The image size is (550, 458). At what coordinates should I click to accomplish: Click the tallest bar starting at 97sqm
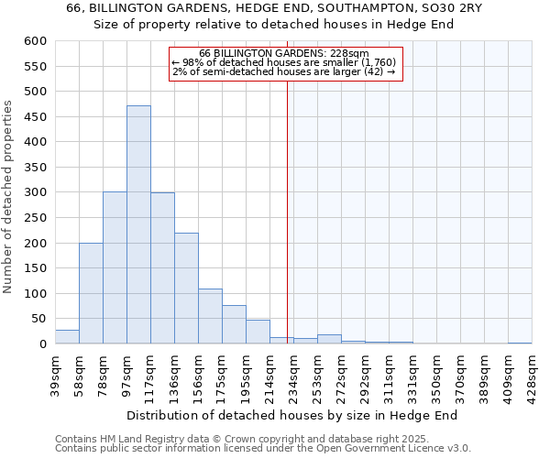click(x=138, y=224)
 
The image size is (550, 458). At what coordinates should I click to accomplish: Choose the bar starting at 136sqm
click(x=186, y=289)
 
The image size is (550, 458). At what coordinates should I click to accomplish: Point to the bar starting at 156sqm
click(x=210, y=316)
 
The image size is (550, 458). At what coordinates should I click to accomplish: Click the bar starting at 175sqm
click(x=234, y=324)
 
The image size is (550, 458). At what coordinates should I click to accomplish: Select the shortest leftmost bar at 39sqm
click(x=67, y=337)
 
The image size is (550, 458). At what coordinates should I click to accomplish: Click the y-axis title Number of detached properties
click(x=8, y=197)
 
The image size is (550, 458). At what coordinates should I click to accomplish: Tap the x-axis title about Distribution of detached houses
click(x=291, y=415)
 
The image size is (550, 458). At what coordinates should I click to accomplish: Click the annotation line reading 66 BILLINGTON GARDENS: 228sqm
click(x=284, y=53)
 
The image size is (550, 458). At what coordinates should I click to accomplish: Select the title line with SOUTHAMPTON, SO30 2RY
click(x=275, y=7)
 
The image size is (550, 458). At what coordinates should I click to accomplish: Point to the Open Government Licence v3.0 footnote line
click(x=263, y=449)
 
